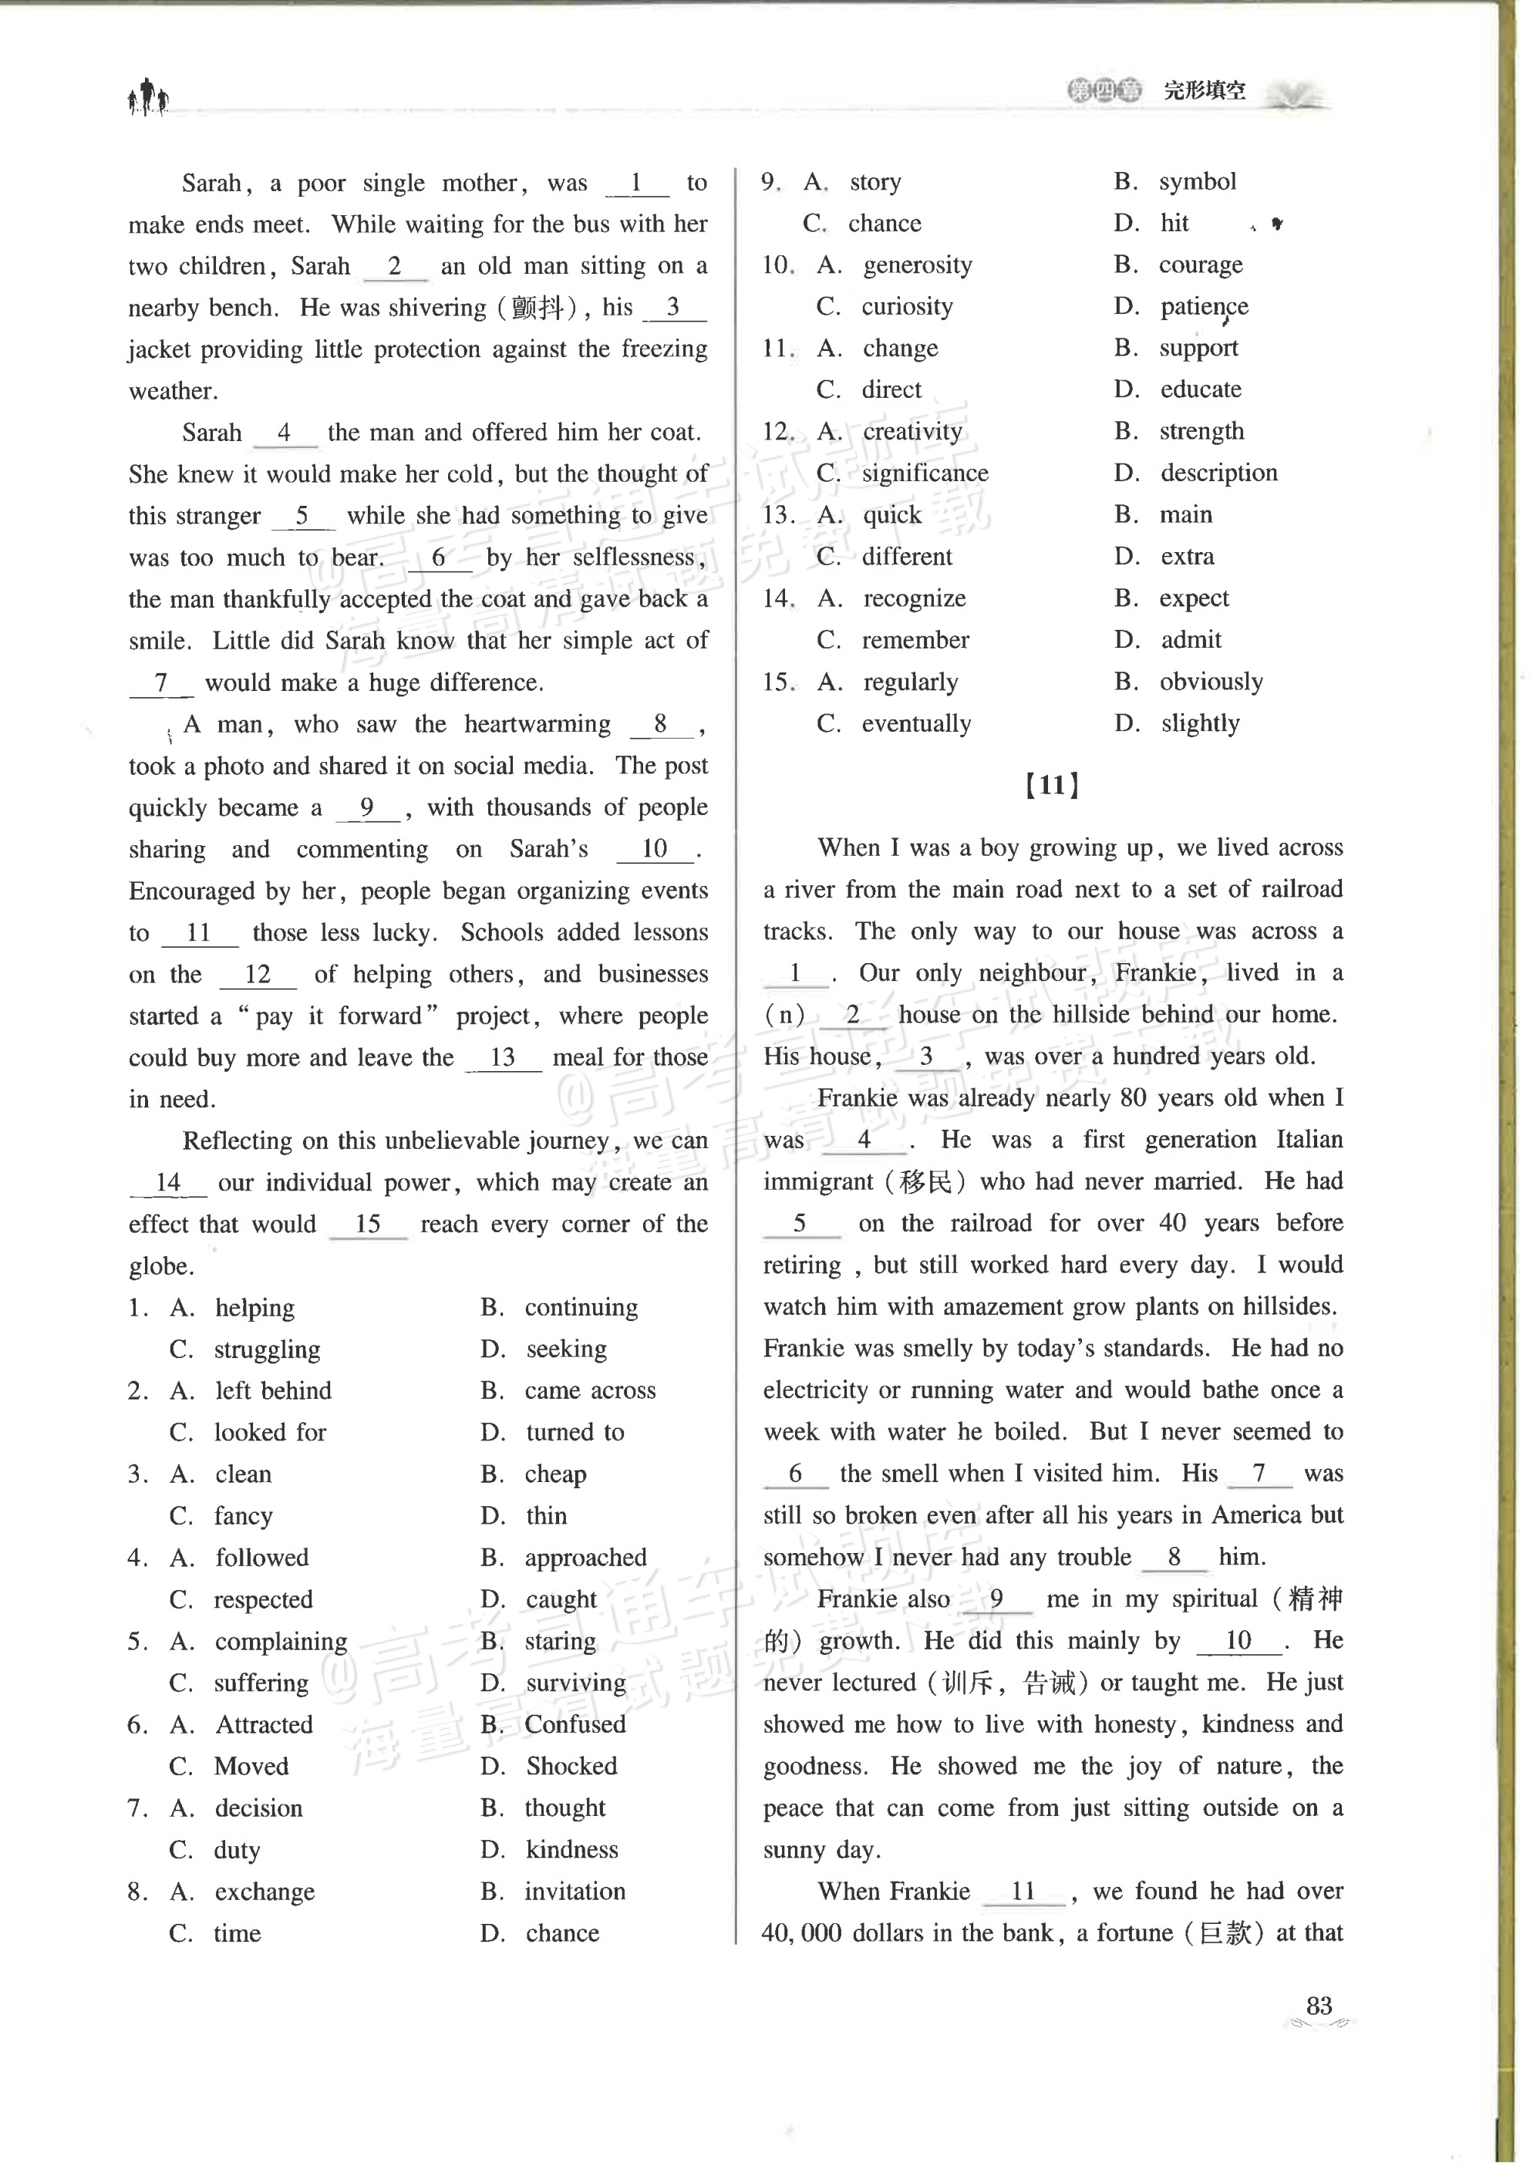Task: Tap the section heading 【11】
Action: click(x=1051, y=786)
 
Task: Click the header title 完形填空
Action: click(x=1204, y=92)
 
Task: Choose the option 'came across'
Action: click(x=590, y=1391)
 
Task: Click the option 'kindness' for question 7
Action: click(x=572, y=1850)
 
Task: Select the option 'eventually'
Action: click(x=915, y=724)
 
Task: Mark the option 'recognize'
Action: click(x=914, y=599)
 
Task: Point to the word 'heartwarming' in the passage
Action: click(x=537, y=724)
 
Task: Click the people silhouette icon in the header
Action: click(x=148, y=96)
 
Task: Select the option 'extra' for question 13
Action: click(x=1186, y=557)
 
